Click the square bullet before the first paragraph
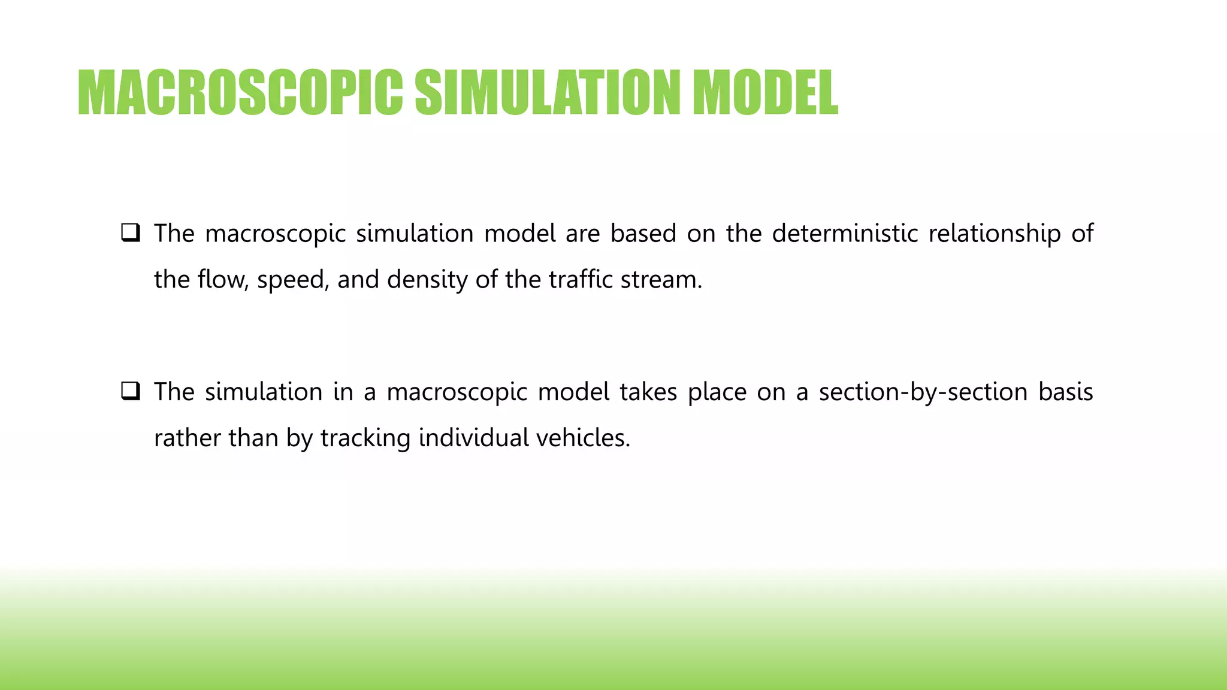coord(131,232)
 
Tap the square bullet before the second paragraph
coord(131,391)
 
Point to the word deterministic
coord(845,234)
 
